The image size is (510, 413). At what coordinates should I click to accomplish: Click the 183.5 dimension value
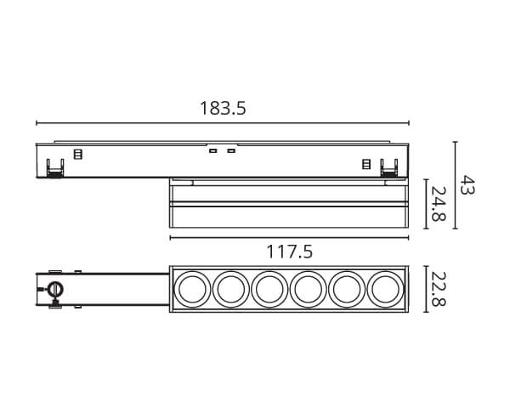tap(223, 108)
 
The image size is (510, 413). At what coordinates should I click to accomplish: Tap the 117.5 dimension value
tap(290, 252)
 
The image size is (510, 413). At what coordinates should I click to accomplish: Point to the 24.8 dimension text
tap(438, 204)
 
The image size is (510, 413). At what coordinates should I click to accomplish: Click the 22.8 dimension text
tap(438, 289)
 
